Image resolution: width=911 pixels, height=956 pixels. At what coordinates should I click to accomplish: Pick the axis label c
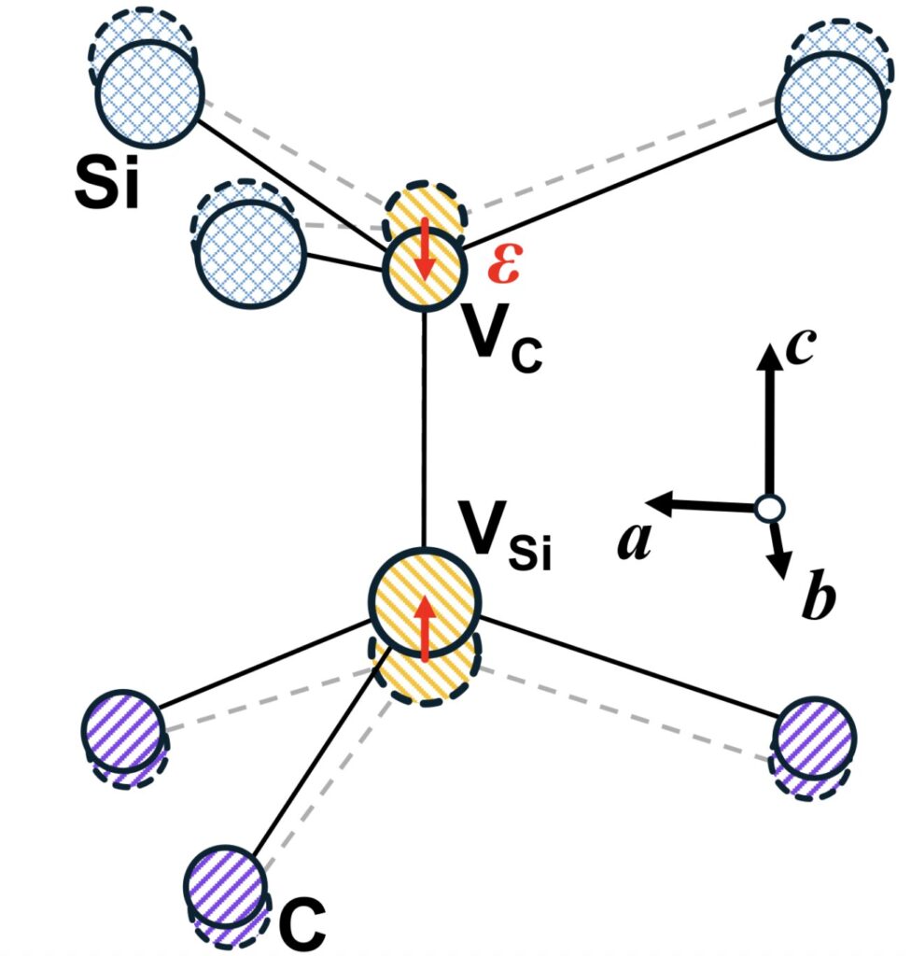tap(801, 348)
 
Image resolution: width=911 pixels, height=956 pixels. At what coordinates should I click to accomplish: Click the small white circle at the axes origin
tap(769, 509)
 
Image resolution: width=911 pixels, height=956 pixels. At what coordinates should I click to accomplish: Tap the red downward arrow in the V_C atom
tap(426, 250)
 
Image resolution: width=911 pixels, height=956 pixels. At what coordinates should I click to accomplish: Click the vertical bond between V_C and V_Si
tap(426, 429)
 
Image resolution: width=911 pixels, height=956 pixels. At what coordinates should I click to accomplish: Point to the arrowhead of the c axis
tap(768, 356)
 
